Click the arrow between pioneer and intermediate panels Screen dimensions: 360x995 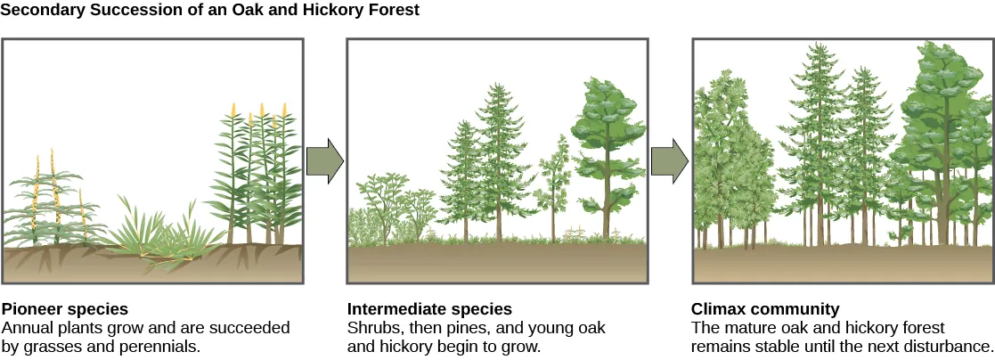(324, 161)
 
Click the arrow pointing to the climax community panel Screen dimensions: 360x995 (670, 161)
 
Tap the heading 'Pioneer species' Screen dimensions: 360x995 (65, 309)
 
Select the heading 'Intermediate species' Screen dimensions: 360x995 (429, 309)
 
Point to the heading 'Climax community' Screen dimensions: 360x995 (765, 309)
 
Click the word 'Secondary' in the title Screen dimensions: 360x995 (38, 11)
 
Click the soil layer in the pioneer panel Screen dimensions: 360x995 (151, 266)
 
